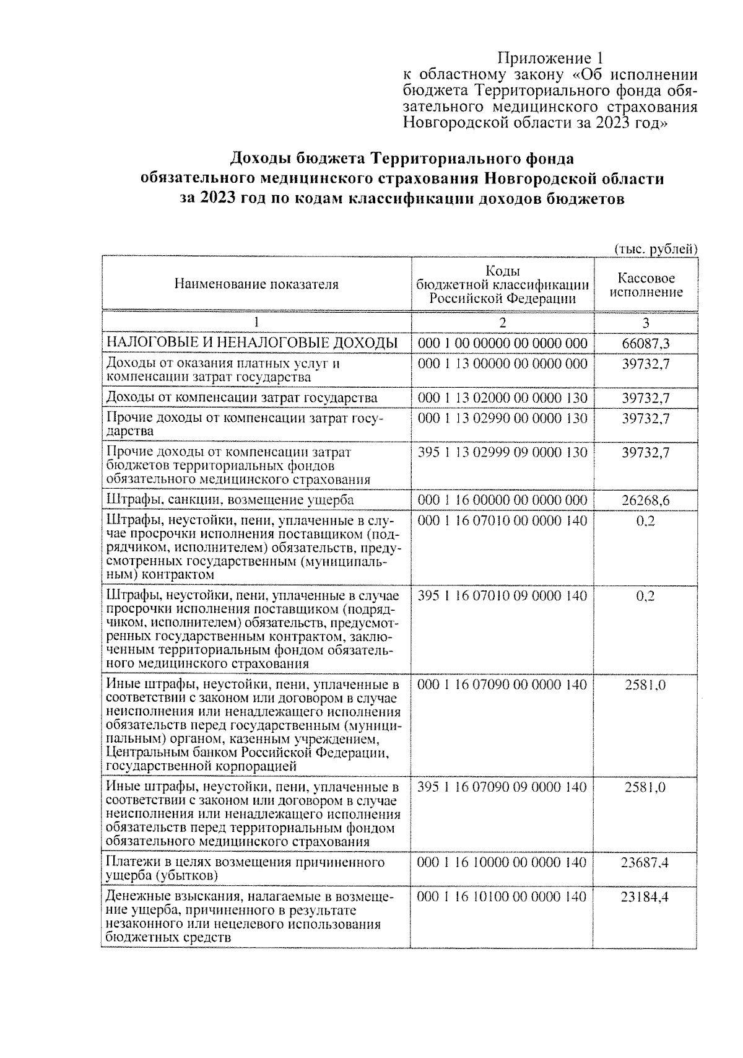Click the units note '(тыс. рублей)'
pos(656,248)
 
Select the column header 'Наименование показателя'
pos(256,284)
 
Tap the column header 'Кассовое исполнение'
pos(646,285)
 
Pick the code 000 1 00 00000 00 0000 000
pos(502,343)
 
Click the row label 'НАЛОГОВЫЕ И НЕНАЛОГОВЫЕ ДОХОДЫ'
pos(252,343)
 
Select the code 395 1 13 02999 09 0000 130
pos(502,452)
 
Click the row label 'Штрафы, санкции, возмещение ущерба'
pos(230,500)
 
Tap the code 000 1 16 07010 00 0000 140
pos(502,520)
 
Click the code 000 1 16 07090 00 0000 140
pos(502,684)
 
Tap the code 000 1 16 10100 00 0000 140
pos(502,896)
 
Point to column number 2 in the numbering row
pos(502,323)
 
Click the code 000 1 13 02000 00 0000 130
pos(502,398)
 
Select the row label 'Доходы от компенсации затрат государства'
pos(242,398)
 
